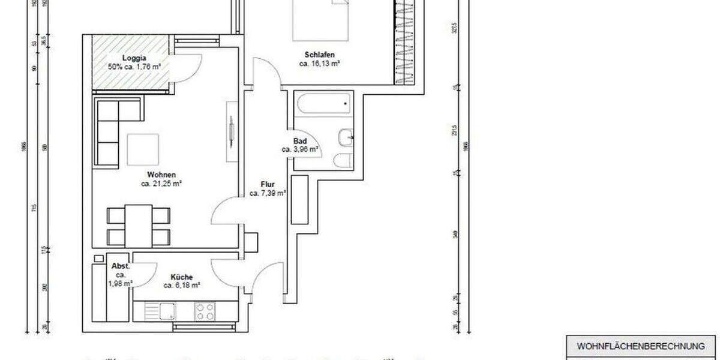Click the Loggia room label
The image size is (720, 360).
[x=118, y=58]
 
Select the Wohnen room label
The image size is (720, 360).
[x=161, y=175]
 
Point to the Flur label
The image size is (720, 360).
[x=268, y=184]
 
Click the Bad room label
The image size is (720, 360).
[x=299, y=141]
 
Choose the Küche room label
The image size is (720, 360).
[x=181, y=277]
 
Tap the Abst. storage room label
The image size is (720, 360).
[x=121, y=266]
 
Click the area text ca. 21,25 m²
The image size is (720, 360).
[x=161, y=184]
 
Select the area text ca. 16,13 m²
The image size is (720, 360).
[x=320, y=63]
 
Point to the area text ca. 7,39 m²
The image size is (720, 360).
[x=268, y=193]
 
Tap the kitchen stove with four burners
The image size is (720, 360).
[x=205, y=311]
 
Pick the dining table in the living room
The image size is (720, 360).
[x=138, y=226]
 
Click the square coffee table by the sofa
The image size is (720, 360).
[x=143, y=149]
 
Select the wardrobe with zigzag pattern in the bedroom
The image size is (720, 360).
[x=404, y=42]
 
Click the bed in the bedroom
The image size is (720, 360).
[x=320, y=18]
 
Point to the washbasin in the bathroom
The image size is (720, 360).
[x=346, y=137]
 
